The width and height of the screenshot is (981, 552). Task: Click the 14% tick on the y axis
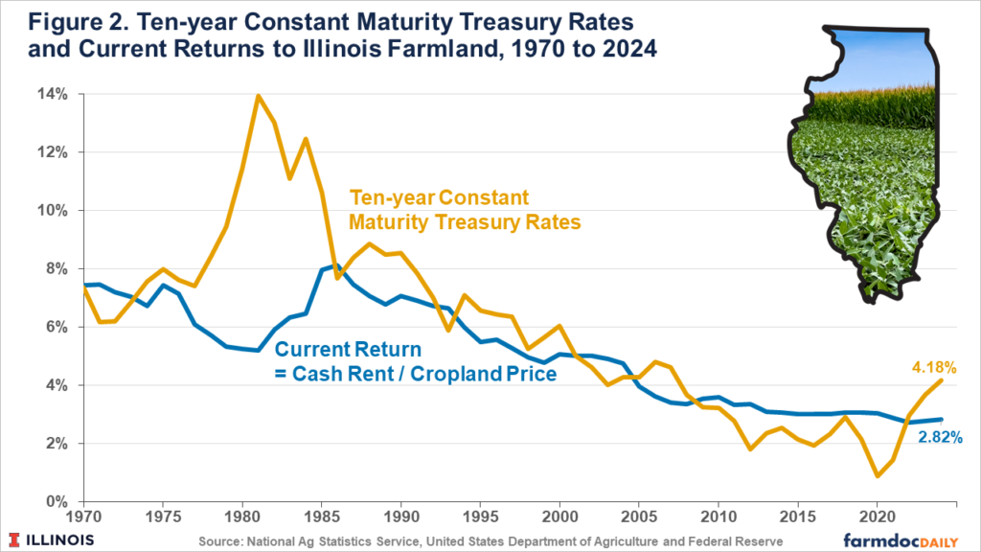(52, 94)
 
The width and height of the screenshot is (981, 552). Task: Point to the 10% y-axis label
(52, 211)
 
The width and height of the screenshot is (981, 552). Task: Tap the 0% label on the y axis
(56, 502)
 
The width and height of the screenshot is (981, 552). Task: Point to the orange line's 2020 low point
(877, 475)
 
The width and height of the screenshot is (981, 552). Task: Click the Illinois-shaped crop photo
(862, 163)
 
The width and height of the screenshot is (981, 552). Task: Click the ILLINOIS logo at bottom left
(54, 539)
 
